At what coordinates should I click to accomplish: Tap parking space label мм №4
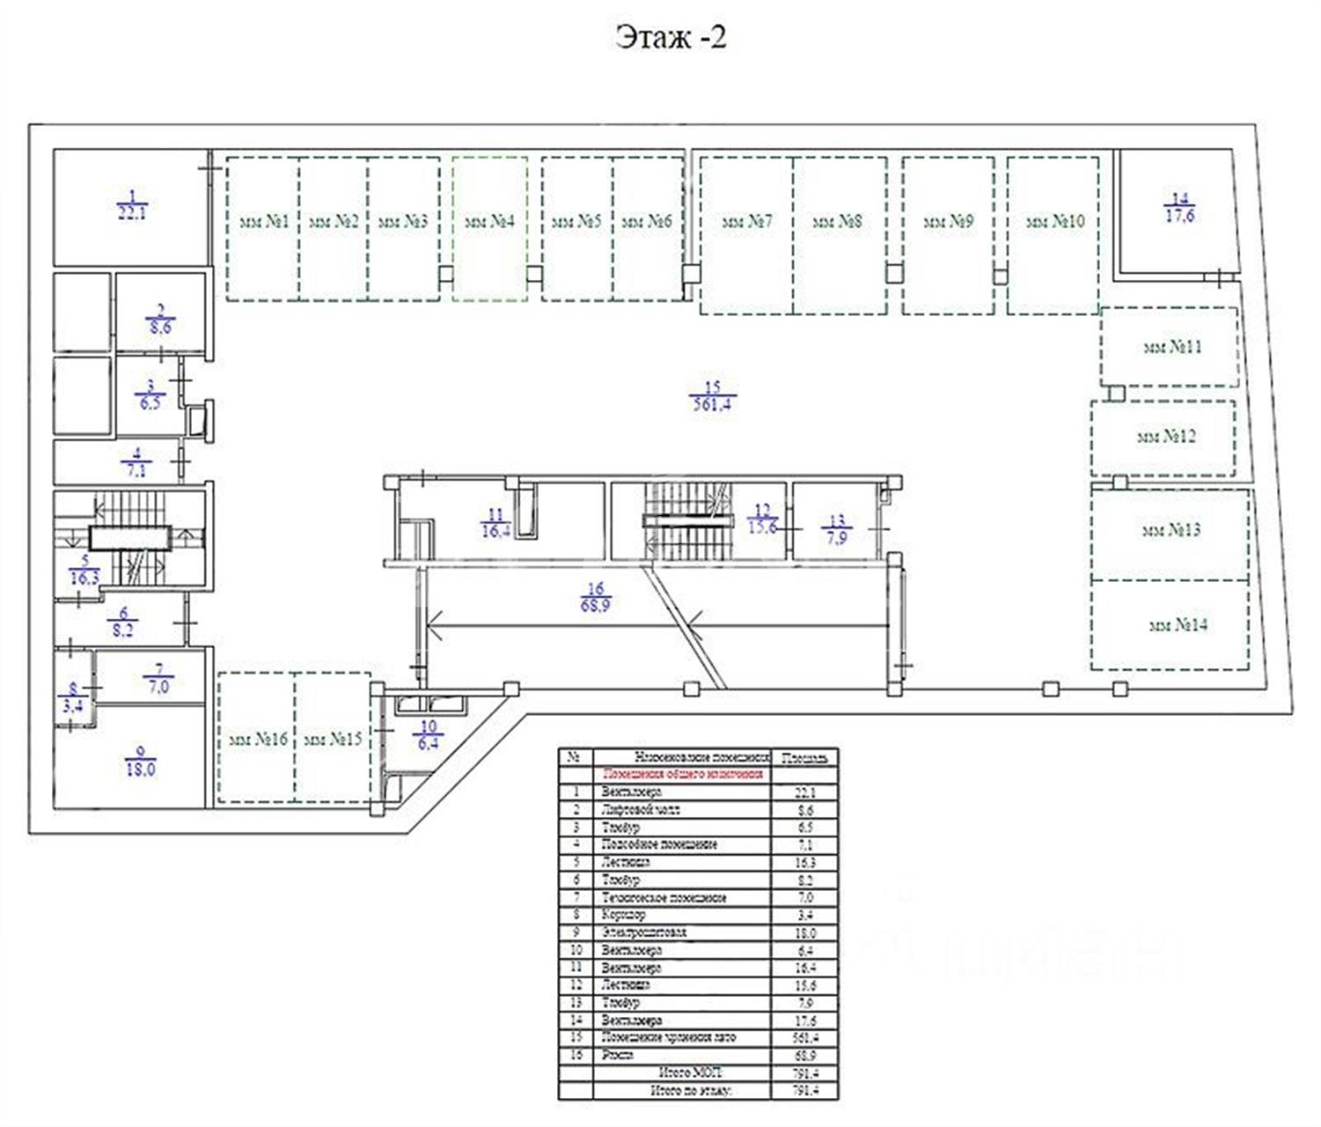tap(489, 222)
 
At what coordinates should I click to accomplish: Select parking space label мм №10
tap(1054, 222)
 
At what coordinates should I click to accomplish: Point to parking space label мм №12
tap(1166, 437)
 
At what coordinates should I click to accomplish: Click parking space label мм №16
tap(257, 740)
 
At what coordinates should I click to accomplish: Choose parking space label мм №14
tap(1178, 625)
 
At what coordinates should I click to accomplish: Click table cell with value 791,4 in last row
tap(804, 1090)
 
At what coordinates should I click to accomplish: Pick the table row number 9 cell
tap(576, 932)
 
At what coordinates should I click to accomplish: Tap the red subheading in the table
tap(682, 775)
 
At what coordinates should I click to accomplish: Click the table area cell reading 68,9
tap(804, 1055)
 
